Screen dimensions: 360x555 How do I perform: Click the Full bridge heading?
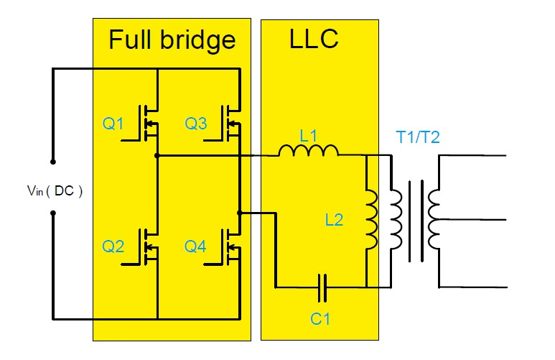click(172, 40)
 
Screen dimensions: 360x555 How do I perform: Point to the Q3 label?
click(196, 124)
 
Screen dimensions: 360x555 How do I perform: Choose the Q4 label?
click(196, 246)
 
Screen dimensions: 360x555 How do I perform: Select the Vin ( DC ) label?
click(54, 191)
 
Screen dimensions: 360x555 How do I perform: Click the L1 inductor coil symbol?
click(308, 151)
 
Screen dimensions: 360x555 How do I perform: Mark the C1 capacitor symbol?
click(323, 287)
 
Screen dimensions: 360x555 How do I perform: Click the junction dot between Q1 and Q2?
click(157, 155)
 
